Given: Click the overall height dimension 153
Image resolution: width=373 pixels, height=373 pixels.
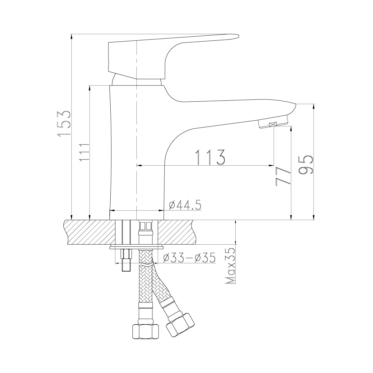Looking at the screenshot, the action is (63, 124).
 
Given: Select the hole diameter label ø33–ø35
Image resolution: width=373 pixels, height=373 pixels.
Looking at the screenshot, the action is (189, 258).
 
